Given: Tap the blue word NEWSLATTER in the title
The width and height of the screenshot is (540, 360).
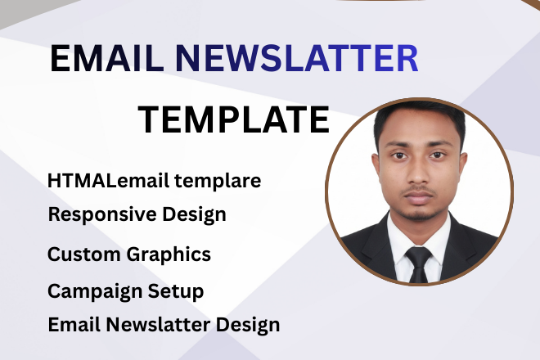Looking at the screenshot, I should [298, 60].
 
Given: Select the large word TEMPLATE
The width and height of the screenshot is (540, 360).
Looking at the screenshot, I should [233, 120].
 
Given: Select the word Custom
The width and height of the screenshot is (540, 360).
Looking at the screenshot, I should [83, 254].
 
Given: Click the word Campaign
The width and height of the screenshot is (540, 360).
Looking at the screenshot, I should [92, 291].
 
